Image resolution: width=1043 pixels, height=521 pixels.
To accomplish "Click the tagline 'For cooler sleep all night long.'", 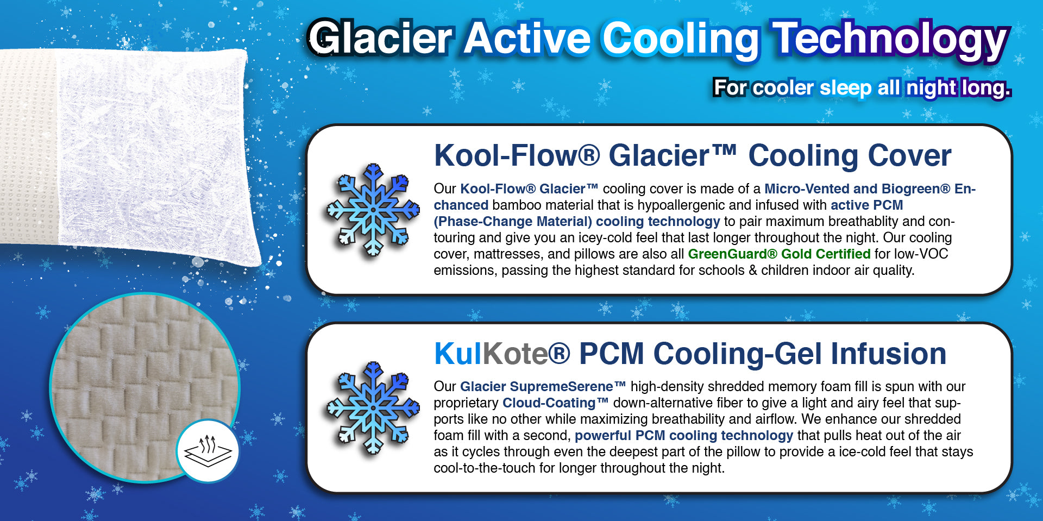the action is coord(862,87).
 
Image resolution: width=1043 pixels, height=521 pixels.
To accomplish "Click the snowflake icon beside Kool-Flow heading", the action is coord(373,210).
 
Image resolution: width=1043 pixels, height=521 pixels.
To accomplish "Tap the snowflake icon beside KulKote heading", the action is coord(373,408).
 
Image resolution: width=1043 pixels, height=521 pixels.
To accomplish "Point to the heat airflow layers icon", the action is coord(208,450).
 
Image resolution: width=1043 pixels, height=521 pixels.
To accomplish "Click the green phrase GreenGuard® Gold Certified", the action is coord(779,254).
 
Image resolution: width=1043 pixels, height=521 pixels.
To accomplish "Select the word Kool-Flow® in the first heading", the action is coord(517,155).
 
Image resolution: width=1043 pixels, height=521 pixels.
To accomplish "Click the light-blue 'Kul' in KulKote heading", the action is coord(458,353).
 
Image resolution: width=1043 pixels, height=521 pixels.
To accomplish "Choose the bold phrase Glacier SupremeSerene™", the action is coord(543,386).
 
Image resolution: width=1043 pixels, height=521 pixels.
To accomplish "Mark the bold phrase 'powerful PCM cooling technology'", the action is coord(684,435).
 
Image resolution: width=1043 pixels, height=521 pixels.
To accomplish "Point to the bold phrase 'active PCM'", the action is coord(866,205).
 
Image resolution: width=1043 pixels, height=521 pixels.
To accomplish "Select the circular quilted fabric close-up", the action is coord(144,387).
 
